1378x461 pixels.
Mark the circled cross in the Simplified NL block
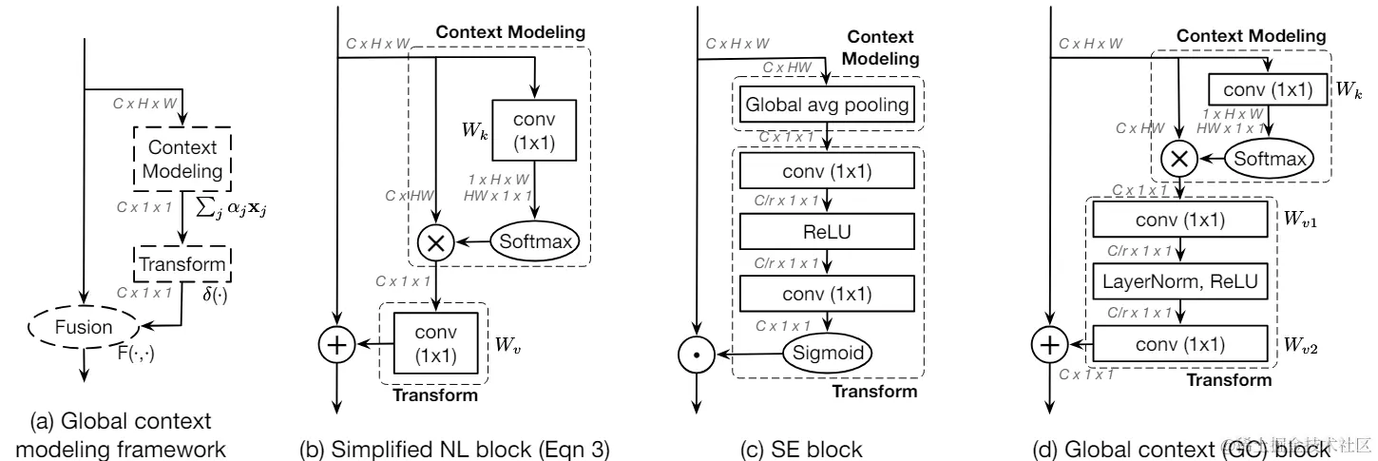coord(434,242)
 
